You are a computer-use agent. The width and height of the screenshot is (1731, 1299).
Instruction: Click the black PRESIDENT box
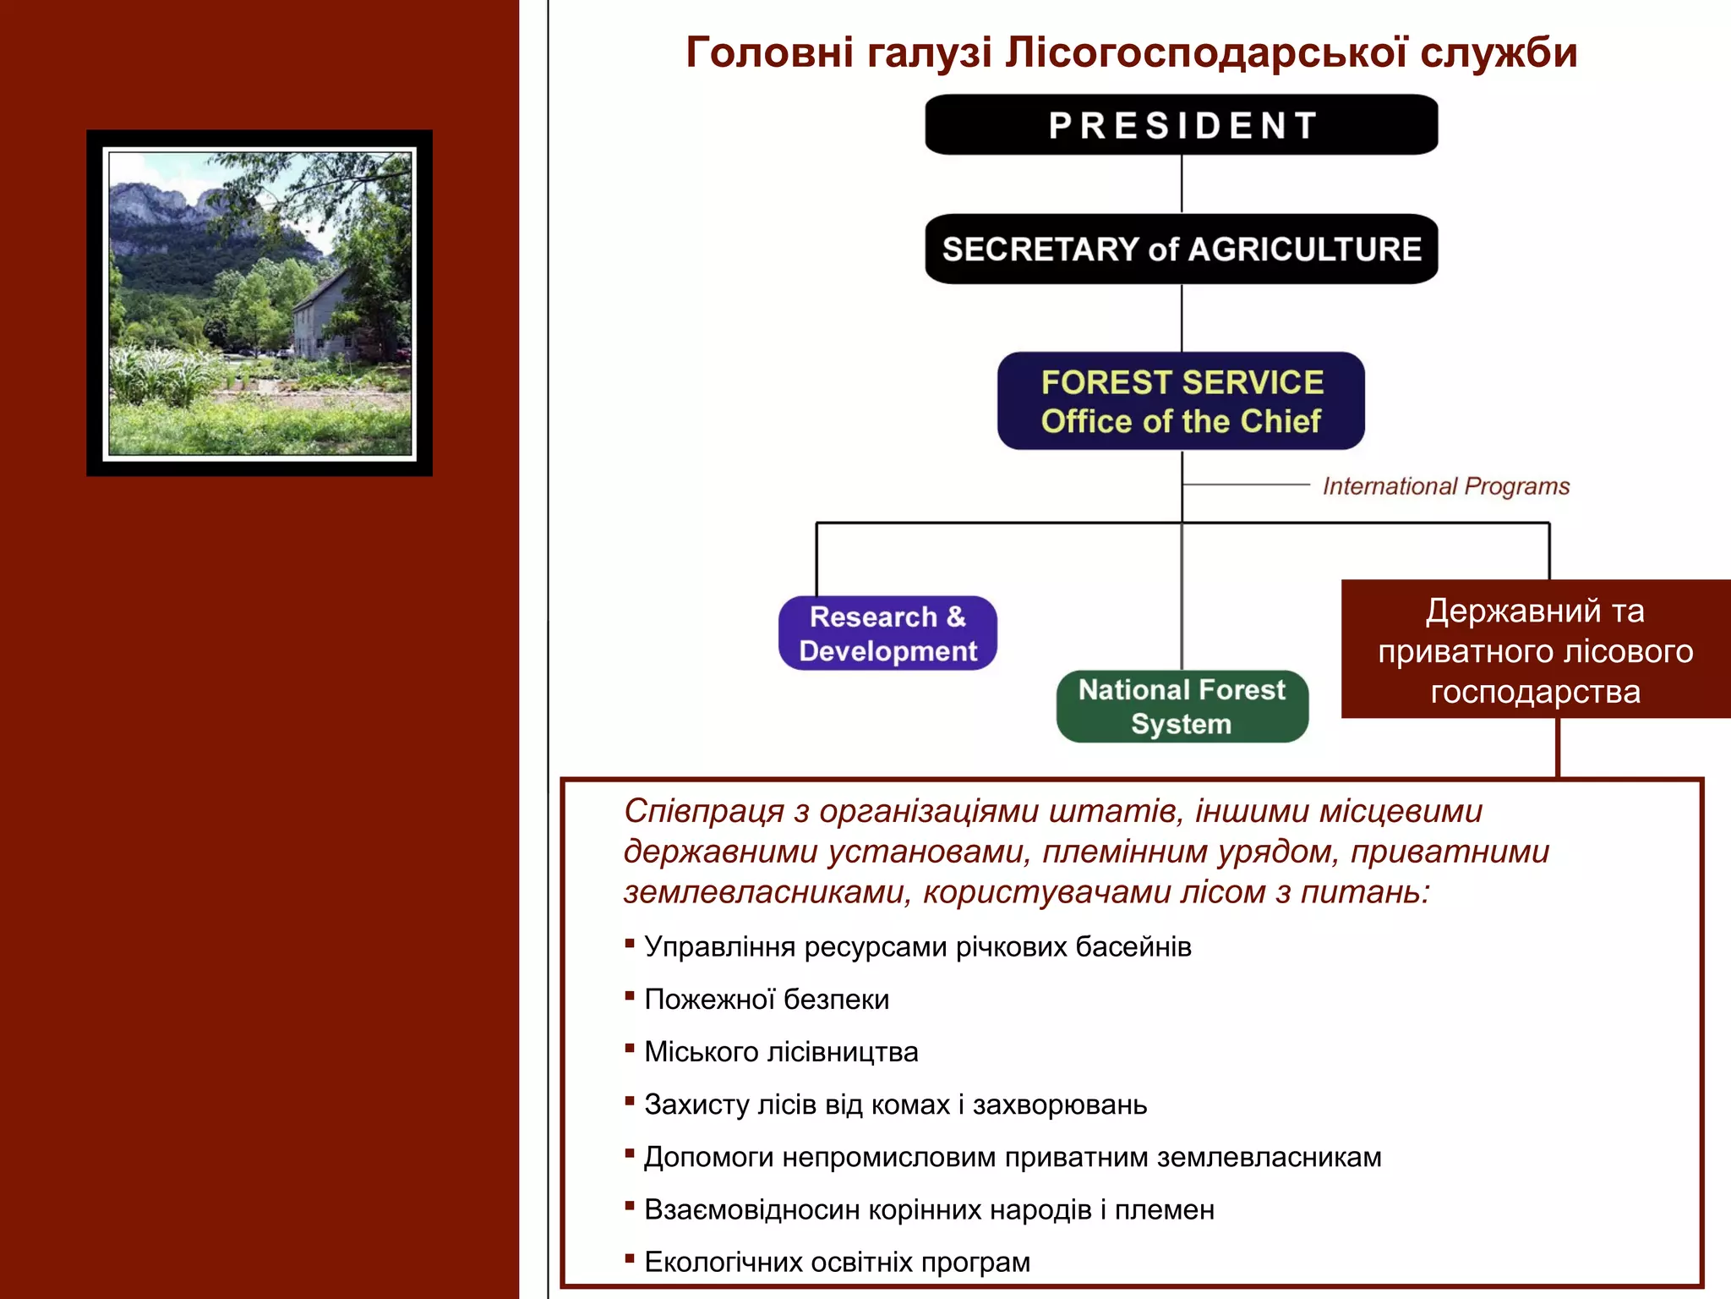pyautogui.click(x=1181, y=124)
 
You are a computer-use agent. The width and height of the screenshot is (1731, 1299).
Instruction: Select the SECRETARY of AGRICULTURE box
pyautogui.click(x=1181, y=249)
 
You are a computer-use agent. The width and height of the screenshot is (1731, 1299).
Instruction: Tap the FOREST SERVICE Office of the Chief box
pyautogui.click(x=1181, y=401)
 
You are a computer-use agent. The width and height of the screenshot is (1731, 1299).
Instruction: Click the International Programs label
pyautogui.click(x=1445, y=486)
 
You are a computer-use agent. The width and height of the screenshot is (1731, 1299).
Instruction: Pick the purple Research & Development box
pyautogui.click(x=887, y=633)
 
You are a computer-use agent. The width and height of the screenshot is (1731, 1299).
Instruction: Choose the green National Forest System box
pyautogui.click(x=1182, y=706)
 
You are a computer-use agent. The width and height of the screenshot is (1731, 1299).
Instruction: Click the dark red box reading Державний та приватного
pyautogui.click(x=1535, y=649)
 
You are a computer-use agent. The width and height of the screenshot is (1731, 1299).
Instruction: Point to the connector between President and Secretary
pyautogui.click(x=1181, y=184)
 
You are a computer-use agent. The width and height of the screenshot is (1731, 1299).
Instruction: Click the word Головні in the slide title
pyautogui.click(x=769, y=52)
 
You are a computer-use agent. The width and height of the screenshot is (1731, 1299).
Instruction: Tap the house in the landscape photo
pyautogui.click(x=325, y=317)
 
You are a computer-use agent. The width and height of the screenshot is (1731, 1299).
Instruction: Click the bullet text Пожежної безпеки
pyautogui.click(x=767, y=1000)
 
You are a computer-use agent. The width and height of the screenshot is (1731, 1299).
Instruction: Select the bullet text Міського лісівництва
pyautogui.click(x=781, y=1052)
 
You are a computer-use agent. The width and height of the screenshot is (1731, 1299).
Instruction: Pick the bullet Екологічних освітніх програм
pyautogui.click(x=837, y=1262)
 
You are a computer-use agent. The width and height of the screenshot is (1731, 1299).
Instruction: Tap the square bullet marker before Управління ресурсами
pyautogui.click(x=630, y=943)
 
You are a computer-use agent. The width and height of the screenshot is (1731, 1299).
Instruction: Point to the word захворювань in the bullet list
pyautogui.click(x=1060, y=1104)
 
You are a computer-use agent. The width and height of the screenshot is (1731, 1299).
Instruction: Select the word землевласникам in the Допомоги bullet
pyautogui.click(x=1269, y=1157)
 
